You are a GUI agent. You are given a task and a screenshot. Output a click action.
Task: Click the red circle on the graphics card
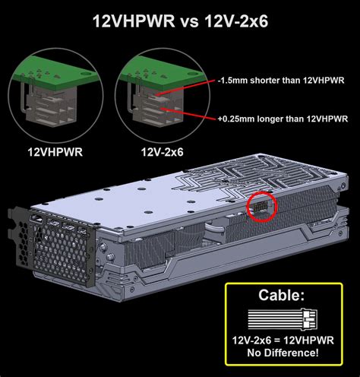pyautogui.click(x=260, y=206)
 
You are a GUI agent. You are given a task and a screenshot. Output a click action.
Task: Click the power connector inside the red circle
pyautogui.click(x=259, y=206)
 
